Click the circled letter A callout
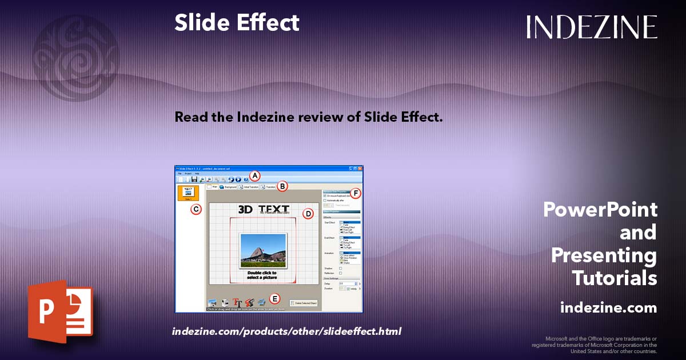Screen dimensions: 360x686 pos(256,176)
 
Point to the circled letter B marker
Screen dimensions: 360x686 pos(282,186)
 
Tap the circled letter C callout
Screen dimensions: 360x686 pos(196,209)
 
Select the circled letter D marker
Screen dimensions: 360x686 pos(308,214)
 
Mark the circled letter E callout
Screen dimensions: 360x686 pos(275,298)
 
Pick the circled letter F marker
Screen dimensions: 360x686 pos(356,193)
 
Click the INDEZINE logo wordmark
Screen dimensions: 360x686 pos(592,27)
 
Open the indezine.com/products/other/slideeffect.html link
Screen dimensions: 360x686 pos(286,331)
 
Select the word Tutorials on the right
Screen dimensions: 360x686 pos(615,278)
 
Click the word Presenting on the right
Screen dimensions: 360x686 pos(604,255)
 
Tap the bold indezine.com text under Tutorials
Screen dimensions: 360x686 pos(608,308)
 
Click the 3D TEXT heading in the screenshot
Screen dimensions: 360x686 pos(264,209)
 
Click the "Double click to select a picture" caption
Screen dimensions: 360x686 pos(263,275)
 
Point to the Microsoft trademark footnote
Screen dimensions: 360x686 pos(594,345)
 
